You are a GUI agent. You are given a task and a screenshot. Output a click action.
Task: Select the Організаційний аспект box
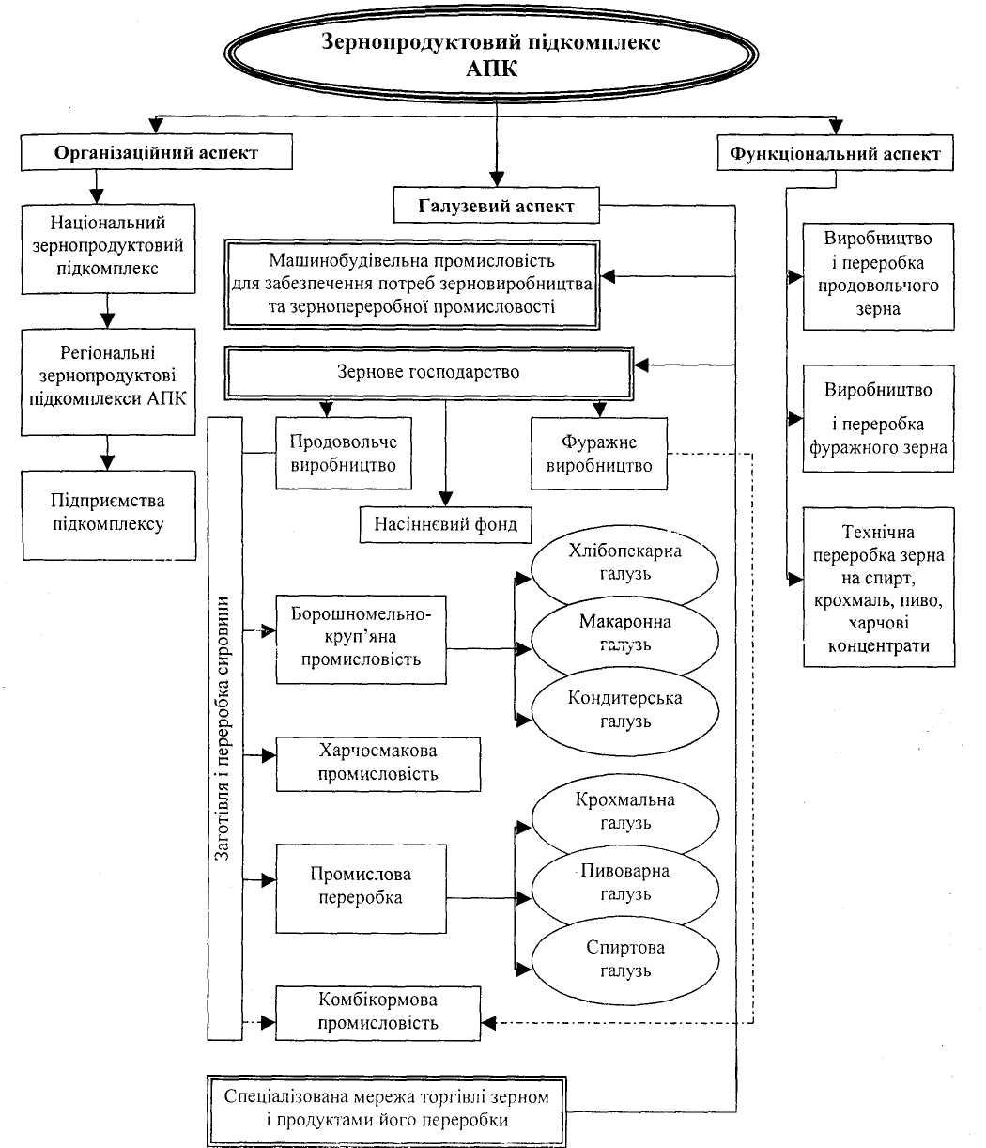pos(156,153)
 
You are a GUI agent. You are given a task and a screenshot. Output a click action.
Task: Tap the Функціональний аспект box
pos(835,154)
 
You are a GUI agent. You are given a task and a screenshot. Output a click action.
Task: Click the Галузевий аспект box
pos(496,206)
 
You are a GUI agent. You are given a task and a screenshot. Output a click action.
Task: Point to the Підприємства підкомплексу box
pos(108,512)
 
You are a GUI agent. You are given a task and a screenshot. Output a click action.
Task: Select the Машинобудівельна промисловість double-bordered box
pos(411,284)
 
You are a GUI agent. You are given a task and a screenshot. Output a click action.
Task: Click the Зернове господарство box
pos(427,373)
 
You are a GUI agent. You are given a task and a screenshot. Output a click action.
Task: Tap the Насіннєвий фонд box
pos(439,524)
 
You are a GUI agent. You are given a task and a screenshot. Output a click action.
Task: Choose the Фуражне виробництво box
pos(599,454)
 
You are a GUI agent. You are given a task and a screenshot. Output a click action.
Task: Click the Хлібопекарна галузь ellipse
pos(624,563)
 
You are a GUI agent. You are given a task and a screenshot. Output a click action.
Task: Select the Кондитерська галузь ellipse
pos(624,710)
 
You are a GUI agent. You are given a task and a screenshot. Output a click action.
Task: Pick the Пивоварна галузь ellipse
pos(624,882)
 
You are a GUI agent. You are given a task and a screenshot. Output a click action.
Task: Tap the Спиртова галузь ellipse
pos(624,959)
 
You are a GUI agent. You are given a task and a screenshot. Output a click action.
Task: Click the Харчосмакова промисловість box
pos(377,763)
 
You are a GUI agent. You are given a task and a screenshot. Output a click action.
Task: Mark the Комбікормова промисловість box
pos(377,1012)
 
